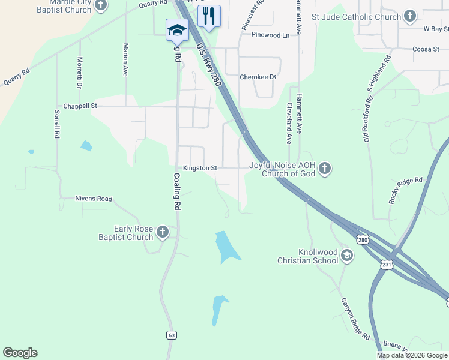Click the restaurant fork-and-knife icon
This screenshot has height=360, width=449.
(x=209, y=16)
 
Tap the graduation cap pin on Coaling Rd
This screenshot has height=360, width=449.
(x=177, y=30)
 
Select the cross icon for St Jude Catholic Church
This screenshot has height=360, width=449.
(x=410, y=16)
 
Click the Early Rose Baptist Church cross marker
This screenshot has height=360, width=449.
(x=162, y=232)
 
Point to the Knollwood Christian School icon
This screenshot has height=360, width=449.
(x=346, y=256)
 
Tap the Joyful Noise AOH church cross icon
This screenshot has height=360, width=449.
(x=325, y=168)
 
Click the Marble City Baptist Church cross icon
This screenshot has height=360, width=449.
(x=100, y=6)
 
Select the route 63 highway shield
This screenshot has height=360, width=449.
(x=172, y=334)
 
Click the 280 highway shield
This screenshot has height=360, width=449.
(x=362, y=239)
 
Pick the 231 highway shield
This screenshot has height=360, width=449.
(x=387, y=264)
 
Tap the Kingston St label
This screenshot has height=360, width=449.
(x=200, y=169)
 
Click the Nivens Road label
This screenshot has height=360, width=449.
(x=94, y=199)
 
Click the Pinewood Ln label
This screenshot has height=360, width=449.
(x=270, y=35)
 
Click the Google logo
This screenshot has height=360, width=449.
(x=20, y=353)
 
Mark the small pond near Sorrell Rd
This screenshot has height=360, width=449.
(x=86, y=145)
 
